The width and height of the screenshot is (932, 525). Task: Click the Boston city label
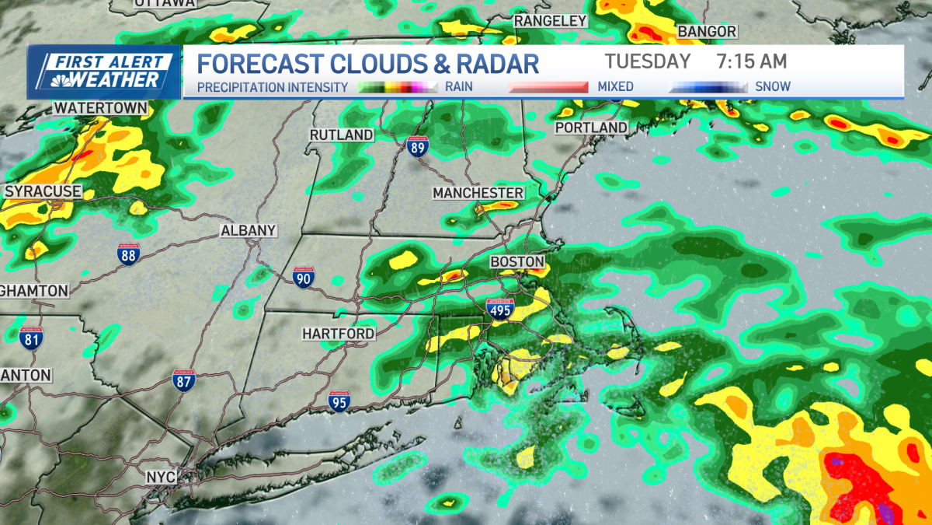(x=516, y=262)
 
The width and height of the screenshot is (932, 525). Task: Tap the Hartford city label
(x=339, y=334)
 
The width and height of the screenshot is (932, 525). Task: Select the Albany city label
(x=249, y=230)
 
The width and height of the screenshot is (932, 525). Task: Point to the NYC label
(x=161, y=476)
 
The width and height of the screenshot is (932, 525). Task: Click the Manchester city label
(x=478, y=192)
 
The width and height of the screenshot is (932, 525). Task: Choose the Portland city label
(x=591, y=127)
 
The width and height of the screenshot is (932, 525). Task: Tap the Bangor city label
(x=707, y=31)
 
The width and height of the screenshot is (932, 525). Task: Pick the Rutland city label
(x=342, y=135)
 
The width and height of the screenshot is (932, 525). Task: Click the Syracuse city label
(x=43, y=191)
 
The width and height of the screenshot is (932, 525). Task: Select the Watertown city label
(x=101, y=107)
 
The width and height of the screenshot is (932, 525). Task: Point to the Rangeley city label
(x=551, y=21)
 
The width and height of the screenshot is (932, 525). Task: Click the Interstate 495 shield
(x=499, y=309)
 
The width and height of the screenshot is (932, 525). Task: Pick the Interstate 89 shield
(x=417, y=146)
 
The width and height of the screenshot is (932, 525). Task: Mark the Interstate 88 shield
(x=129, y=254)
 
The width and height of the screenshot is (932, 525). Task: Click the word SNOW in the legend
(x=772, y=86)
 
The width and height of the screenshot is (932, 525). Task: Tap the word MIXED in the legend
(x=616, y=86)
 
